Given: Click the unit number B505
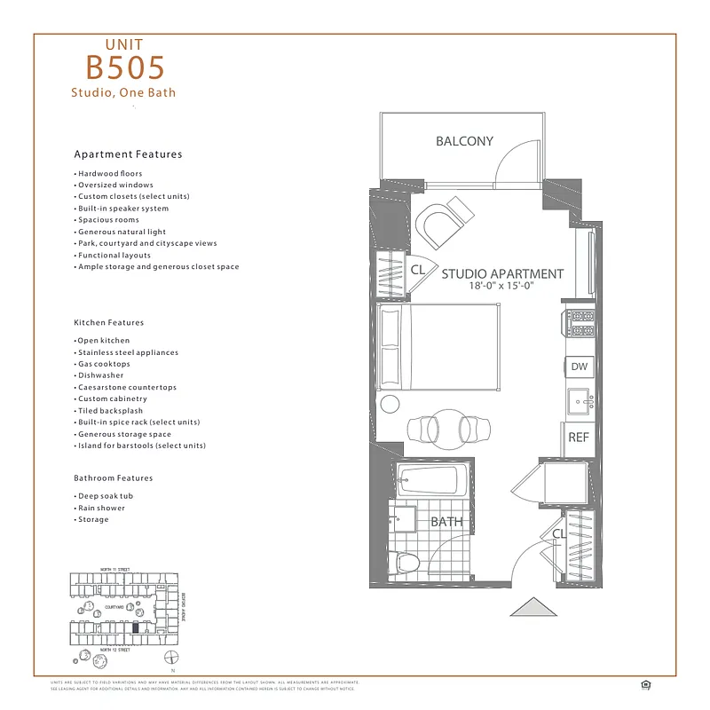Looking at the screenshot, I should pyautogui.click(x=125, y=67).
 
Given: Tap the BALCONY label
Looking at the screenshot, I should pyautogui.click(x=464, y=141).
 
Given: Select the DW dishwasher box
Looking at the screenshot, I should pyautogui.click(x=579, y=367).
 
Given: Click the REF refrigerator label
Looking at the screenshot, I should pyautogui.click(x=579, y=438).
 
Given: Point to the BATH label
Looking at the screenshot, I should pyautogui.click(x=446, y=522).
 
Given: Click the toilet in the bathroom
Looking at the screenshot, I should pyautogui.click(x=405, y=561).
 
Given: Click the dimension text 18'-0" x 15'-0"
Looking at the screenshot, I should pyautogui.click(x=502, y=287).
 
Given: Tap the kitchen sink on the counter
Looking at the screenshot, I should pyautogui.click(x=581, y=400).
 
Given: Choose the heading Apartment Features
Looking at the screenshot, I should pyautogui.click(x=128, y=154).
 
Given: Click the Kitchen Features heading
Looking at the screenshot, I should pyautogui.click(x=108, y=323).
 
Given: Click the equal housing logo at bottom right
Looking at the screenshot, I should pyautogui.click(x=643, y=683).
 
